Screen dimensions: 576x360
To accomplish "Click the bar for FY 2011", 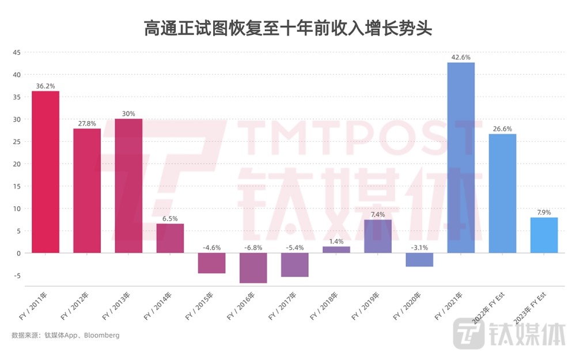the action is click(x=46, y=172).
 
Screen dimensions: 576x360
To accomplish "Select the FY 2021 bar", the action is click(x=461, y=158).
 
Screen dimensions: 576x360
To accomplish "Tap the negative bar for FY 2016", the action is click(x=253, y=268).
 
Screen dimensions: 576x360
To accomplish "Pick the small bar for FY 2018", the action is click(x=336, y=250).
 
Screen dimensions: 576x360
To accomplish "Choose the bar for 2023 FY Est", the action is click(x=544, y=236).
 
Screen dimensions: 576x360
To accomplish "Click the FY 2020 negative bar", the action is click(x=419, y=260).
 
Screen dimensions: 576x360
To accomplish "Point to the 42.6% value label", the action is click(x=461, y=57).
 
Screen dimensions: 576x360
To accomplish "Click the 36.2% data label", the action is click(x=46, y=86).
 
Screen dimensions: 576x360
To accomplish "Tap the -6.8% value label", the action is click(x=253, y=248).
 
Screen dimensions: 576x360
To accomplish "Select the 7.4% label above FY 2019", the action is click(x=378, y=214).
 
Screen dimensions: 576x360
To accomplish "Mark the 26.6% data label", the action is click(x=502, y=129).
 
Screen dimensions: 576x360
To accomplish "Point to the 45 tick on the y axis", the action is click(x=17, y=52).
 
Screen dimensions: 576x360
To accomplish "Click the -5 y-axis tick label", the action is click(x=17, y=276).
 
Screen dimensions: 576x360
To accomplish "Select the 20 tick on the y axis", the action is click(x=17, y=164).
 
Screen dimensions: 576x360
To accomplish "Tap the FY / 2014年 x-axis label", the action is click(x=158, y=306).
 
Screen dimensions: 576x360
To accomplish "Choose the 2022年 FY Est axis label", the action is click(x=488, y=308).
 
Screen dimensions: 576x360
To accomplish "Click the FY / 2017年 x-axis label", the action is click(x=282, y=306).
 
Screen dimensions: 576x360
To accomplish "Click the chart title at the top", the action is click(x=288, y=28).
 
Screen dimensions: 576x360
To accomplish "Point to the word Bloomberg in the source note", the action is click(x=102, y=335).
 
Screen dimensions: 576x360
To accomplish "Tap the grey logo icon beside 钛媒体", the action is click(x=469, y=334).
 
